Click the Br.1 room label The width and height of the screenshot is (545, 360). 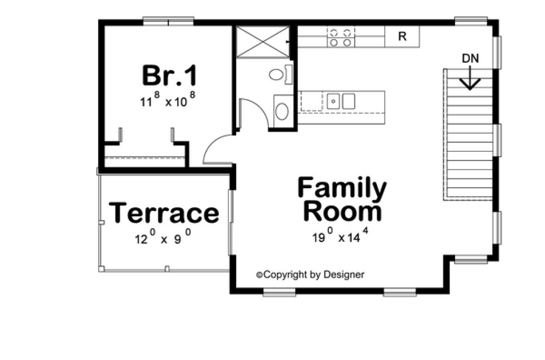pyautogui.click(x=170, y=75)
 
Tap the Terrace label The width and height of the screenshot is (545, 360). pyautogui.click(x=164, y=213)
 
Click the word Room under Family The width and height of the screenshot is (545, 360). pyautogui.click(x=342, y=211)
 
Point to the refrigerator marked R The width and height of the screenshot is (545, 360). pyautogui.click(x=402, y=37)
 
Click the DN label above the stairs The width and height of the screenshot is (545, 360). pyautogui.click(x=470, y=59)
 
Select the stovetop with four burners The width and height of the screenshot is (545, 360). pyautogui.click(x=341, y=37)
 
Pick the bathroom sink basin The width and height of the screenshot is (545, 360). pyautogui.click(x=282, y=112)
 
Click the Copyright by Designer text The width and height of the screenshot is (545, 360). pyautogui.click(x=310, y=275)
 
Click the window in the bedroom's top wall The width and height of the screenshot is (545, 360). pyautogui.click(x=168, y=22)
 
